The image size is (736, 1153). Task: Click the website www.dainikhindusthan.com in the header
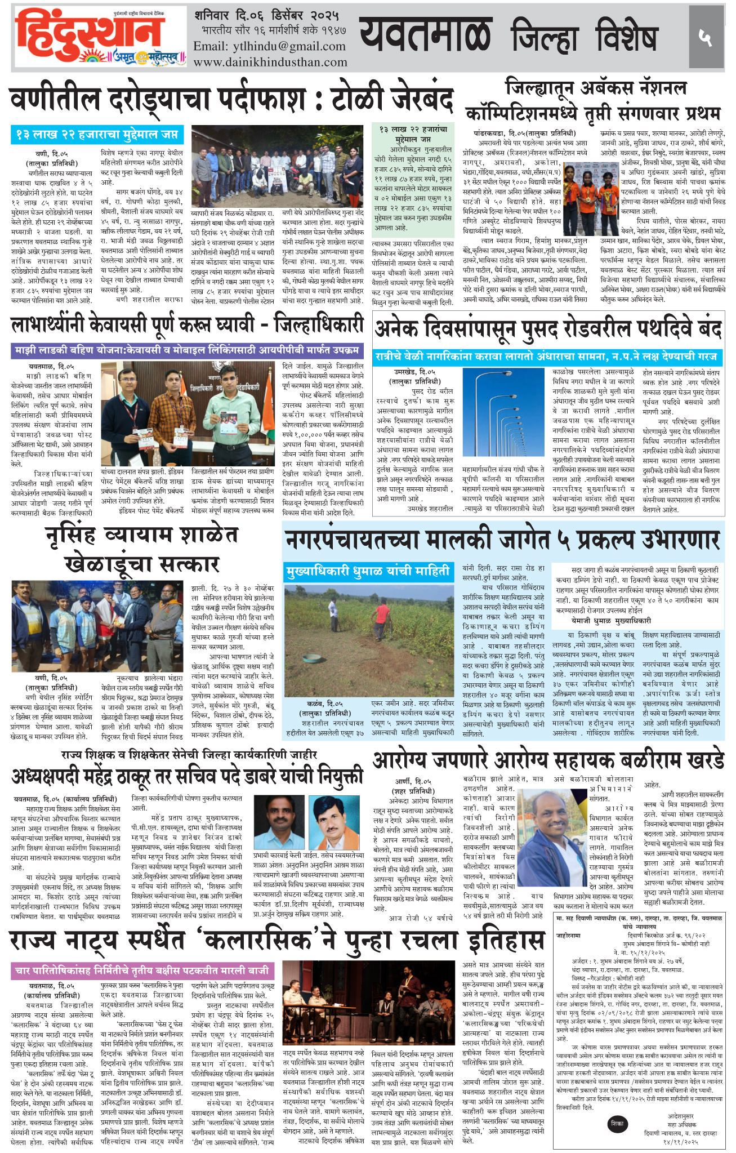(270, 62)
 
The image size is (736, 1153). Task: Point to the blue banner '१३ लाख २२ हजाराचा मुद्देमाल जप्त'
(96, 135)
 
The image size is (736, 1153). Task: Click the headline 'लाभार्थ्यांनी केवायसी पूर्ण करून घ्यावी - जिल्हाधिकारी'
(186, 324)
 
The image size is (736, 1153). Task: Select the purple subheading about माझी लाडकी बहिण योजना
(186, 350)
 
